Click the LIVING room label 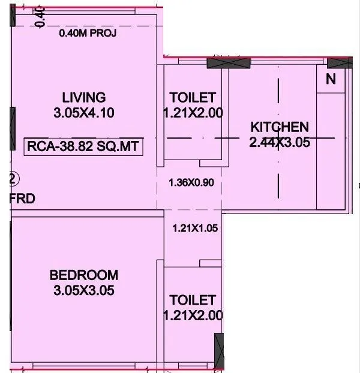click(x=84, y=97)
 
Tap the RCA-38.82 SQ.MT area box click(x=83, y=146)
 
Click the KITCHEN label click(x=280, y=127)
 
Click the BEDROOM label click(x=84, y=275)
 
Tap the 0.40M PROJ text click(x=88, y=33)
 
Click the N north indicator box click(x=331, y=79)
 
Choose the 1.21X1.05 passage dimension click(x=193, y=228)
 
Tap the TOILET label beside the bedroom click(x=192, y=299)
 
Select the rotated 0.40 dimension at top click(x=40, y=16)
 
